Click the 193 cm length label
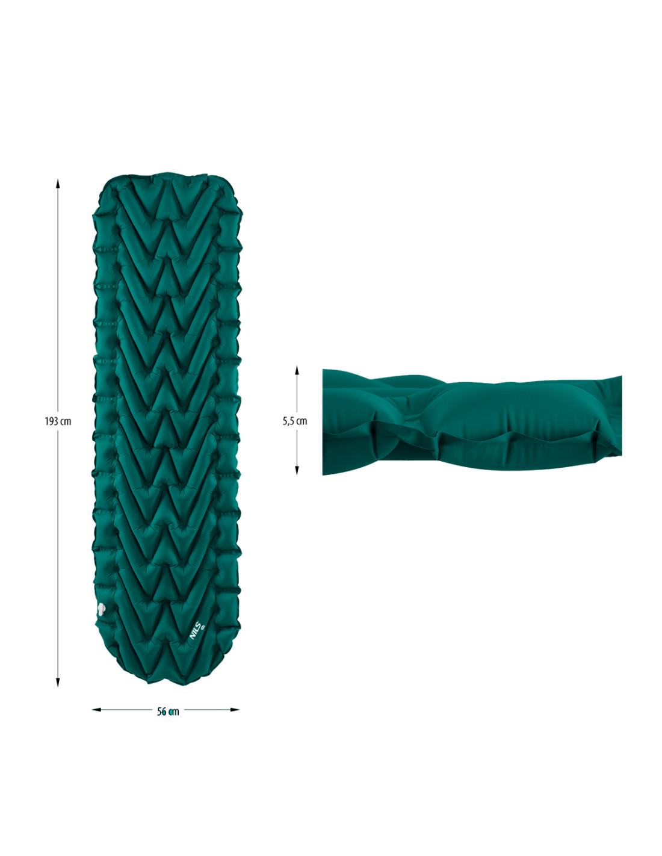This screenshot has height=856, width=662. [58, 421]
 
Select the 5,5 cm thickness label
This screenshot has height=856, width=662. [294, 421]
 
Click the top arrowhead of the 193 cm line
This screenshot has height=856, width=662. [58, 184]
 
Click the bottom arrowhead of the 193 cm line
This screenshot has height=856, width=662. [58, 682]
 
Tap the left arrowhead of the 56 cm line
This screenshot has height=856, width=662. [96, 710]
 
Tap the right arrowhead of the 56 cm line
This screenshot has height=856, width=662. [235, 710]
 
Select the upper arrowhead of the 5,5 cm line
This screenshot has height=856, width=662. [297, 370]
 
